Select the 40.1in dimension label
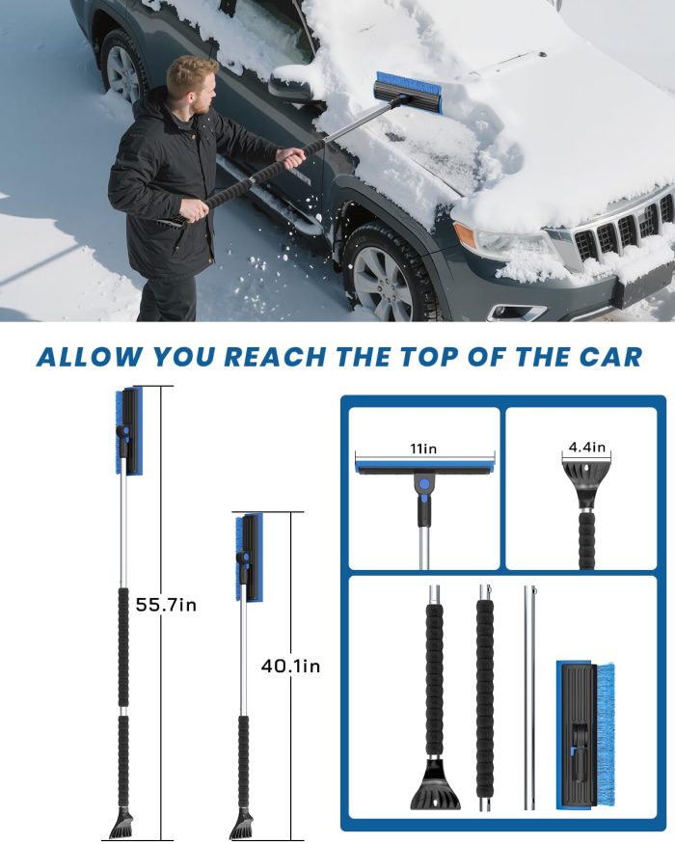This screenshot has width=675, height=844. (290, 666)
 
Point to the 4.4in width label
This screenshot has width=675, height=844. (586, 447)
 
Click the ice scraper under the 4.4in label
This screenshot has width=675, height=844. (584, 479)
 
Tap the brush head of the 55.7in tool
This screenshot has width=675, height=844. (126, 431)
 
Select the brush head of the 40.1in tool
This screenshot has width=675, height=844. (248, 557)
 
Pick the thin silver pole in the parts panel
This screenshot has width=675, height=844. (529, 694)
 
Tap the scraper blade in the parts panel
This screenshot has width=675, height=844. (436, 787)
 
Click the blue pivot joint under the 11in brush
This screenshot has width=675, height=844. (423, 482)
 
